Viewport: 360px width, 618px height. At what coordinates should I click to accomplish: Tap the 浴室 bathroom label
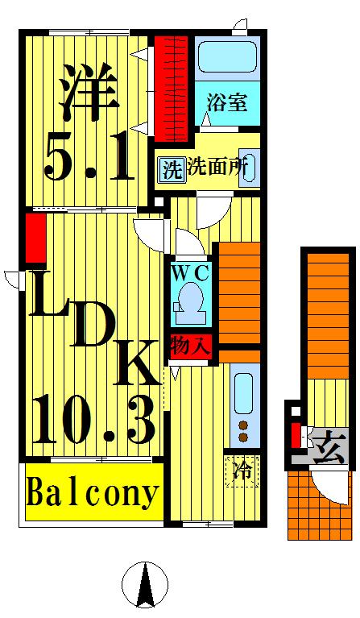pos(226,102)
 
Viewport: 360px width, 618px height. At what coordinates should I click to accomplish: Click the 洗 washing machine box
pos(171,170)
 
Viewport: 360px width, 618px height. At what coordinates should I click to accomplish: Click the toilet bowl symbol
pos(191,303)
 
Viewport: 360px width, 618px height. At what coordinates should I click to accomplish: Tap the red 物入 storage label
pos(192,346)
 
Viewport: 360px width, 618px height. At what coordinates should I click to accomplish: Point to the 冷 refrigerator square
pos(242,469)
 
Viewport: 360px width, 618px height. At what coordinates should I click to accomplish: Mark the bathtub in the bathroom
pos(227,59)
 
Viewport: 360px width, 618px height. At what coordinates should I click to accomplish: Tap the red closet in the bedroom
pos(171,85)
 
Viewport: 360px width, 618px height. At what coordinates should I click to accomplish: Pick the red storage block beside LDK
pos(35,238)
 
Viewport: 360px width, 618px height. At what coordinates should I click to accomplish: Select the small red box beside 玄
pos(296,433)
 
